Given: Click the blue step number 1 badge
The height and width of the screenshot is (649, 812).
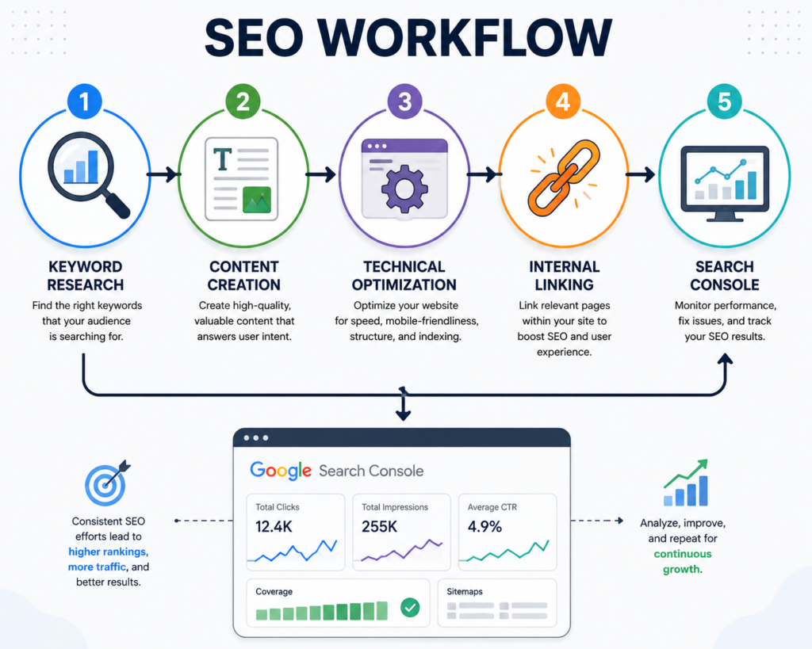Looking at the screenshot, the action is click(x=84, y=101).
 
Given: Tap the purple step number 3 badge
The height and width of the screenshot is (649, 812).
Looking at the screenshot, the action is click(x=405, y=101).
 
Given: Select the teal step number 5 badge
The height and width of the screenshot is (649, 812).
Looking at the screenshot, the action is click(x=725, y=101).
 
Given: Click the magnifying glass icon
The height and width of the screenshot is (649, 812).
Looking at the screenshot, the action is click(x=87, y=174).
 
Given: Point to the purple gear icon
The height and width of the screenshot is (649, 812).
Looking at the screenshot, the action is click(x=404, y=189).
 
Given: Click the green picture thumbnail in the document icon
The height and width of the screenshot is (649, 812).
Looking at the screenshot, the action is click(x=257, y=200).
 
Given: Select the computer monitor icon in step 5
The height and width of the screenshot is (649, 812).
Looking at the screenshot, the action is click(x=725, y=184).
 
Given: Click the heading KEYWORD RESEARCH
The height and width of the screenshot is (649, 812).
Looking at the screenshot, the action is click(x=86, y=275).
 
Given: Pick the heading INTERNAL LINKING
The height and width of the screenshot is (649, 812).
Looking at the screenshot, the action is click(x=564, y=275).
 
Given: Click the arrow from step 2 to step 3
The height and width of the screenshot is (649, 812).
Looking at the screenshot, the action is click(x=321, y=174).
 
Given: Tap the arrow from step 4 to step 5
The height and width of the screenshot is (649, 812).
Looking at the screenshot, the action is click(x=641, y=174).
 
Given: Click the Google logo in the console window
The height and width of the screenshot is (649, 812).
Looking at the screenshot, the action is click(x=281, y=471).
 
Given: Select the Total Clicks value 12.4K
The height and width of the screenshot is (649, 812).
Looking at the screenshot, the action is click(x=274, y=527).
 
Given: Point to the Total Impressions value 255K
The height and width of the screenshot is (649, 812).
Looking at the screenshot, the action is click(x=379, y=527).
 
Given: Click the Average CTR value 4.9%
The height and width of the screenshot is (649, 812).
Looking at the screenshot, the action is click(x=485, y=527).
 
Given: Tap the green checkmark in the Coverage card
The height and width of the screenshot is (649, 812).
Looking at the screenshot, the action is click(x=410, y=608).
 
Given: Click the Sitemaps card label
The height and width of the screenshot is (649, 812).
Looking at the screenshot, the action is click(x=465, y=592).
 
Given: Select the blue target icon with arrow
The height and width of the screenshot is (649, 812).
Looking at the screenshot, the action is click(x=107, y=483).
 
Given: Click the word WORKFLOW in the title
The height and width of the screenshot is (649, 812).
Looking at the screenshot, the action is click(x=465, y=38).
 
